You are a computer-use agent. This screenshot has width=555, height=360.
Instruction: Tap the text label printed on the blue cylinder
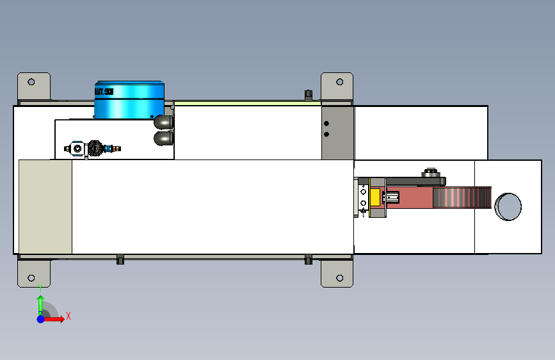point(104,92)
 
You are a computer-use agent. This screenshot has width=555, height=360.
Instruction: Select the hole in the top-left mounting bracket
point(30,82)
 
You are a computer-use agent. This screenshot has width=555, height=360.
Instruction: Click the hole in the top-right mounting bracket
point(339,82)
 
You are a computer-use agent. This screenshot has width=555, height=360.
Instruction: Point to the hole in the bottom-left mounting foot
point(30,278)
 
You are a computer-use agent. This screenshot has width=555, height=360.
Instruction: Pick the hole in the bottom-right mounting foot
point(339,278)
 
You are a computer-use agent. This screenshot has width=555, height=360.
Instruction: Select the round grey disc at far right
point(508,206)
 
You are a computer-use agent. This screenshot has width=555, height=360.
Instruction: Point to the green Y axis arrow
point(40,302)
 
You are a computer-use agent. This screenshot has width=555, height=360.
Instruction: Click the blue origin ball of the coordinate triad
point(40,319)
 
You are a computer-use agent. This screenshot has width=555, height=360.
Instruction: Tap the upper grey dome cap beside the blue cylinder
point(163,121)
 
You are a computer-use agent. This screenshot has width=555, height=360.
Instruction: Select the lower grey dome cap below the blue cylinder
point(163,137)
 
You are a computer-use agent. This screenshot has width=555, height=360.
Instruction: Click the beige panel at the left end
point(45,206)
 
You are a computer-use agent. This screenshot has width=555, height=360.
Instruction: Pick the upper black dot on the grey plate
point(326,123)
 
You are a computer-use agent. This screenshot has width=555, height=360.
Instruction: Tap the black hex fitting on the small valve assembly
point(95,149)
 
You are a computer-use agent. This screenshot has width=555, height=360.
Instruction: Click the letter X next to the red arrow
point(68,316)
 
